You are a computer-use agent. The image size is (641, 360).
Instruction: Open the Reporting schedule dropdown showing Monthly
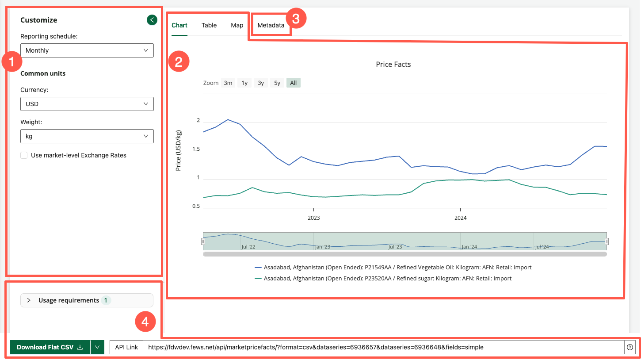87,50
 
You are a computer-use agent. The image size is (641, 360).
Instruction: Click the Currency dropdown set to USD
87,104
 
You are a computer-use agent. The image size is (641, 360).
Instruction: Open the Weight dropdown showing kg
87,136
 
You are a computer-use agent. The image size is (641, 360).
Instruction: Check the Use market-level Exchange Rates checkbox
24,155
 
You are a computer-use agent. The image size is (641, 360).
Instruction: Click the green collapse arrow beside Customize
152,20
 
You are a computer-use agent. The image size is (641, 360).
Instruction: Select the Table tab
209,25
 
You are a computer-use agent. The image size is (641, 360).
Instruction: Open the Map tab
237,25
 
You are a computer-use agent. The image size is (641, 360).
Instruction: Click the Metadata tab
271,25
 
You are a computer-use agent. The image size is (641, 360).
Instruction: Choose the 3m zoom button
228,83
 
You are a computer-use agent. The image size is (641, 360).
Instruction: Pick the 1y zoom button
244,83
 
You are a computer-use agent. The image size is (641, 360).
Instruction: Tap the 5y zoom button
277,83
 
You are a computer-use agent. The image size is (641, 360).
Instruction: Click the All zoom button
293,83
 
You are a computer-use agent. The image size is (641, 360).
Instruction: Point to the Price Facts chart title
393,65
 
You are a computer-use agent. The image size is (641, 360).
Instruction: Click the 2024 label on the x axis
460,218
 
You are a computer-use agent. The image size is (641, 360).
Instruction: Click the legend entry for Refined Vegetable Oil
397,268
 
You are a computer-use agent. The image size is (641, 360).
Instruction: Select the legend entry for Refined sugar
387,279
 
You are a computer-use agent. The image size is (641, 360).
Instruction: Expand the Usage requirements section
87,300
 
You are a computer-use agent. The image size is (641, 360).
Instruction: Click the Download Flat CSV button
50,347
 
